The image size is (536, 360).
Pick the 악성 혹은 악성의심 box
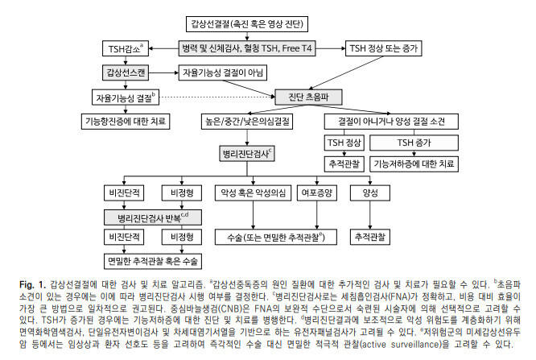point(249,193)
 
